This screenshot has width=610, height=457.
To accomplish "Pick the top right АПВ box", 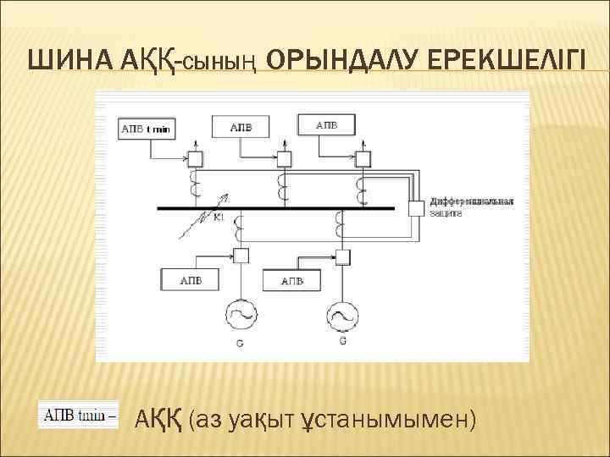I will click(x=326, y=125).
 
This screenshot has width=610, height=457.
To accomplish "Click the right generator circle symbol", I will click(x=341, y=316).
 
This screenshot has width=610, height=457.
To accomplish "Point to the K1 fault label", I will click(x=218, y=218).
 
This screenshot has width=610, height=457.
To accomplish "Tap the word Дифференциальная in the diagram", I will click(x=472, y=201).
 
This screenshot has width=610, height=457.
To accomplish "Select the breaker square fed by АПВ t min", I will click(x=195, y=158).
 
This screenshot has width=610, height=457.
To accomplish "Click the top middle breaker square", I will click(x=284, y=158).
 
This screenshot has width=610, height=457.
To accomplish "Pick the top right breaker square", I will click(x=363, y=157).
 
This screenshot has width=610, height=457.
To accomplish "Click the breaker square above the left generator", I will click(x=241, y=256).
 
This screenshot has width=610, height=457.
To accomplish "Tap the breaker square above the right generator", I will click(x=343, y=256).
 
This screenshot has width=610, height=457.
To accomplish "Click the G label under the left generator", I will click(x=239, y=344).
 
